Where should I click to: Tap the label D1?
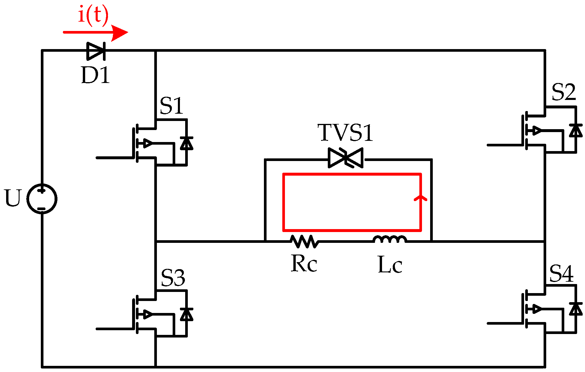coord(95,75)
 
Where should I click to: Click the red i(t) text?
coord(93,15)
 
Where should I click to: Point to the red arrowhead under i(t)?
coord(120,32)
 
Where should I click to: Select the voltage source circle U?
coord(42,199)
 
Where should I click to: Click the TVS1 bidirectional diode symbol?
coord(346,158)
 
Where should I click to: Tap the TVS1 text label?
coord(345,133)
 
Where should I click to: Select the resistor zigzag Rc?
coord(304,242)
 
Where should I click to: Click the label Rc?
coord(304,264)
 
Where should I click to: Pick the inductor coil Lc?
coord(390,240)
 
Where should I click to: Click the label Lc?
coord(390,265)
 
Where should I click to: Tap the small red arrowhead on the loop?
coord(421,198)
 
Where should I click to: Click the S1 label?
coord(171,106)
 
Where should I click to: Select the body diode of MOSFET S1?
coord(187,143)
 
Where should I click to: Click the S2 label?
coord(564,92)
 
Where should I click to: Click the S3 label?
coord(173,278)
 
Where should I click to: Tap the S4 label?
coord(561,274)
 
